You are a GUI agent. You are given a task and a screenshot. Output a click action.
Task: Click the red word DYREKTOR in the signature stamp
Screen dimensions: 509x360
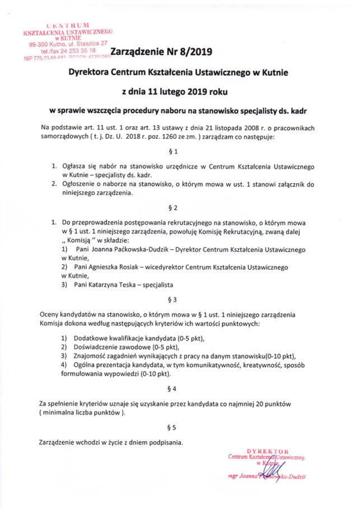268,450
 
